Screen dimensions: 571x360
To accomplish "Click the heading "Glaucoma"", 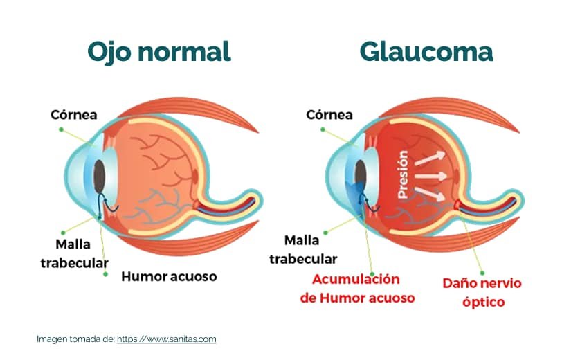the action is [x=426, y=52].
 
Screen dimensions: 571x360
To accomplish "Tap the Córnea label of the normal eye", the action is [x=74, y=115].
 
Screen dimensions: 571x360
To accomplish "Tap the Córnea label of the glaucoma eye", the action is [x=329, y=115].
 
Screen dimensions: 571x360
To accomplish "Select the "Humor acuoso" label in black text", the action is [x=169, y=276].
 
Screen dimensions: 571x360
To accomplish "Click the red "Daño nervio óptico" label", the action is [x=482, y=293].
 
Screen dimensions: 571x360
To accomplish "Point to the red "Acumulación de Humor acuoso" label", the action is [x=357, y=289].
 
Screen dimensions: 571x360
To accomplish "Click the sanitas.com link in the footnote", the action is [x=166, y=339].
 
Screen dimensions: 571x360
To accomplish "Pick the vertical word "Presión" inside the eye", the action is [x=402, y=175].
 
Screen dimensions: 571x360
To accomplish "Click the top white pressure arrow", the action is [x=430, y=158].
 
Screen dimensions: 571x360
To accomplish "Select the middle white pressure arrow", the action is [x=431, y=177].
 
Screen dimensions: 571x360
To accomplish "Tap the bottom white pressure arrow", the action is [x=430, y=195].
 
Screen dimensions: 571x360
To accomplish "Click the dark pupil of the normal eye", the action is [x=99, y=177].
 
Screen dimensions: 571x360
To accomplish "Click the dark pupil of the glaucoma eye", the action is [x=361, y=177].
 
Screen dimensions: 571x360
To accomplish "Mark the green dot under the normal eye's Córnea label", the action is [x=61, y=129].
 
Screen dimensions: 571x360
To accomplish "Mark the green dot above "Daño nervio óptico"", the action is [x=482, y=273].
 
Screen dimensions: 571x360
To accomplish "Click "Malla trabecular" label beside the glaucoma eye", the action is [x=303, y=250].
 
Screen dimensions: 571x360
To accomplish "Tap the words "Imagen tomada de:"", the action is [x=75, y=339].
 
